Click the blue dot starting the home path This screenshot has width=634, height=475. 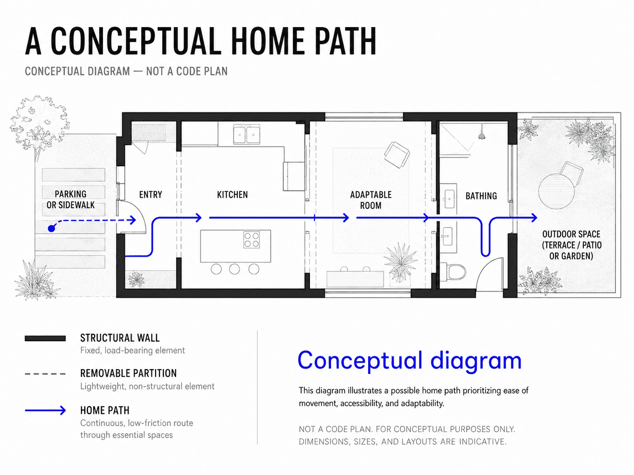point(51,228)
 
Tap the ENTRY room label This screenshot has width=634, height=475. point(151,195)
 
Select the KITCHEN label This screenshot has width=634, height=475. point(232,195)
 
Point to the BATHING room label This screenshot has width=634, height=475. point(481,196)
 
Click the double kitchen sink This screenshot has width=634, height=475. point(247,134)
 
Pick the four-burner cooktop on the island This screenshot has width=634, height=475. point(252,240)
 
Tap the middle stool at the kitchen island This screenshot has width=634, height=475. point(234,269)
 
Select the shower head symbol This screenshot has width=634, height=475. point(481,136)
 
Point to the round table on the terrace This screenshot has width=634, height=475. point(557,191)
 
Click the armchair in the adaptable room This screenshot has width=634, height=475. point(397,155)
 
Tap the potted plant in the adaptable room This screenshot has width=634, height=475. point(400,263)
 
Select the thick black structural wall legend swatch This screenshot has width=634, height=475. point(46,338)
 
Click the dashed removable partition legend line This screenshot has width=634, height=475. point(46,374)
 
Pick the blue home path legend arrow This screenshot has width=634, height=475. point(46,410)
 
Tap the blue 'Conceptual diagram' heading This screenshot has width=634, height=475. point(409,360)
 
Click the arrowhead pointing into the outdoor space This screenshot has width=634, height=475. point(534,218)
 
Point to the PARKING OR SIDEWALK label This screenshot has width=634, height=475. point(70,199)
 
